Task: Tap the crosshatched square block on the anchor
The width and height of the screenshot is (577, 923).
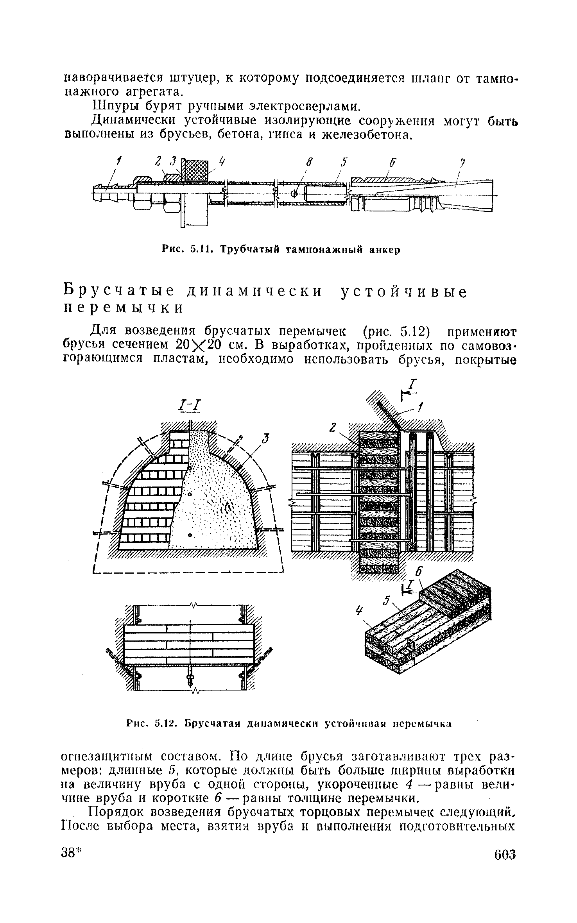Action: (x=195, y=170)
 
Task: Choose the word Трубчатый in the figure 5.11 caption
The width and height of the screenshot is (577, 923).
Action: (x=247, y=250)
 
